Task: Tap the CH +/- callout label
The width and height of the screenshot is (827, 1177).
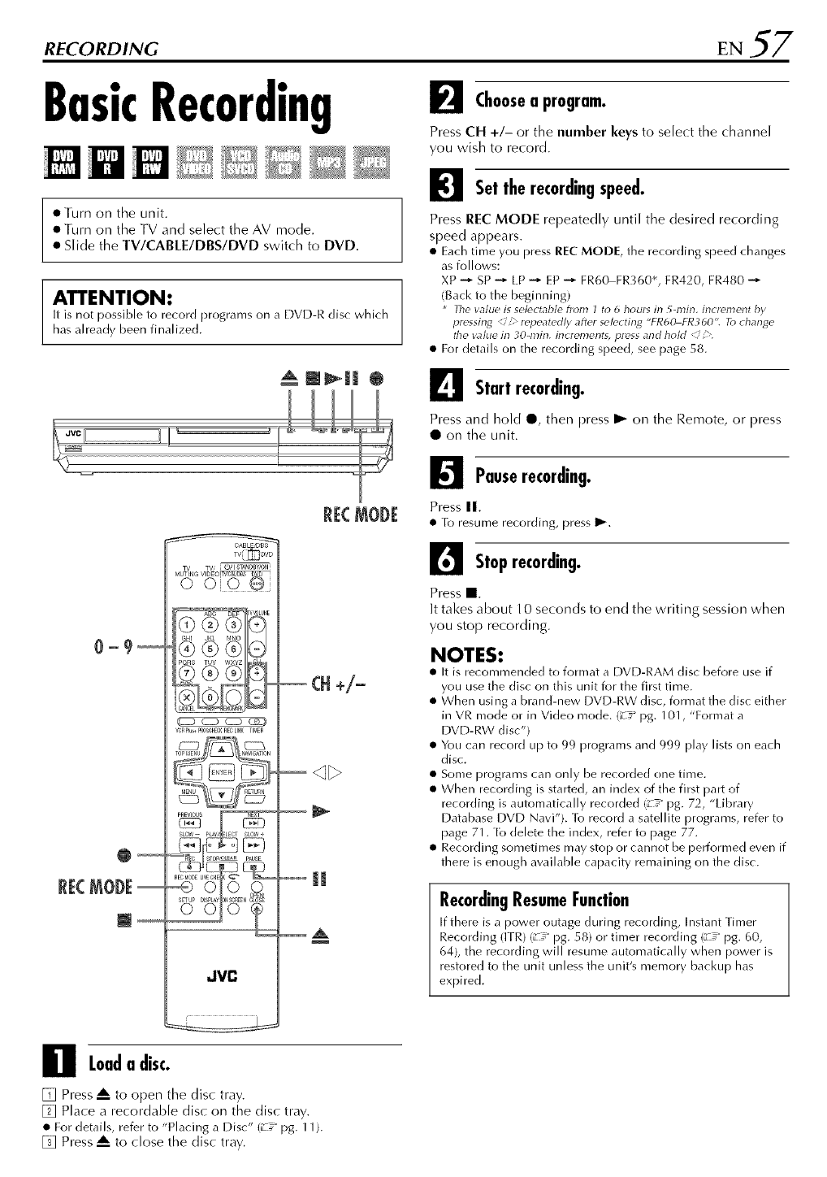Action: click(337, 682)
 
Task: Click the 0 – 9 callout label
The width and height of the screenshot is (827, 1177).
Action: click(112, 649)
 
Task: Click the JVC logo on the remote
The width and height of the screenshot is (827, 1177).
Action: click(221, 974)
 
